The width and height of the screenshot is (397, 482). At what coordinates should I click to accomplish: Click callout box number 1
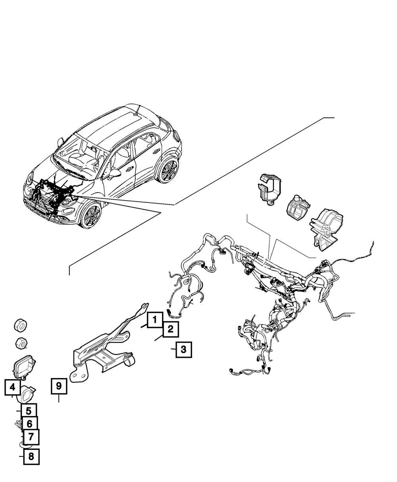coord(155,320)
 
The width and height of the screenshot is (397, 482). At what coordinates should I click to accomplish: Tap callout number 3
coord(183,350)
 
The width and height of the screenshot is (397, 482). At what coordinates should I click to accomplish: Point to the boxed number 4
coord(13,387)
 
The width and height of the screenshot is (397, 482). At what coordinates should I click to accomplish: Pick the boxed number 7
coord(31,438)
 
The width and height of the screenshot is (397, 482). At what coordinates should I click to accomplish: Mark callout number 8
coord(31,457)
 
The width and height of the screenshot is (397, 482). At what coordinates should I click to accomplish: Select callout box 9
coord(59,386)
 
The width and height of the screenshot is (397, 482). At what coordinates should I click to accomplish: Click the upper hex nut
coord(19,325)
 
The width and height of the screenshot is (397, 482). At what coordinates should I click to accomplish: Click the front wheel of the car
coord(91,215)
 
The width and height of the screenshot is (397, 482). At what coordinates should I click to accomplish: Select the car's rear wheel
coord(168,171)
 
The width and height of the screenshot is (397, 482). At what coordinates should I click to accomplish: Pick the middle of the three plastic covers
coord(297,207)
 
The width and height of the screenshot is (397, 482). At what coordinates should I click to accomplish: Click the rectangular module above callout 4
coord(24,366)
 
